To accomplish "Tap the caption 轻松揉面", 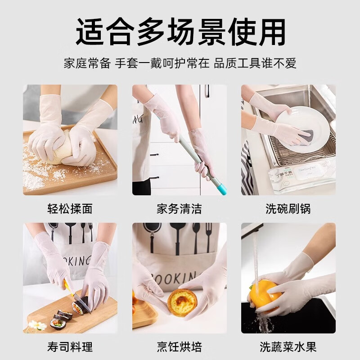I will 70,209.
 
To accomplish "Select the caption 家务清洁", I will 179,209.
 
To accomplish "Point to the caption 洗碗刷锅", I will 288,209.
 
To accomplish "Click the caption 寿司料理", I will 70,347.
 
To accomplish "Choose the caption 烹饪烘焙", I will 179,347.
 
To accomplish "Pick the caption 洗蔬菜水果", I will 288,347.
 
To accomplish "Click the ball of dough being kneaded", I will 63,148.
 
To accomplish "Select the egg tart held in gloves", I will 182,303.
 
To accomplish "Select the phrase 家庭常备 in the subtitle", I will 87,63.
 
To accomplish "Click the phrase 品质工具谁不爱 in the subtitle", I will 255,63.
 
